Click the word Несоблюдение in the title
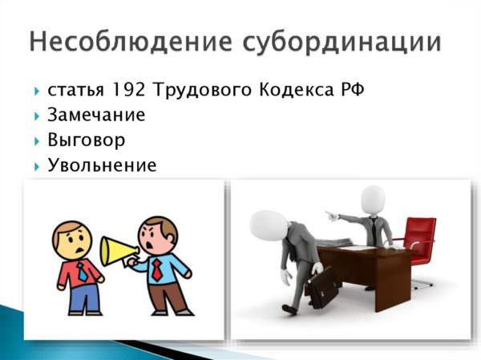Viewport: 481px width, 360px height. (131, 41)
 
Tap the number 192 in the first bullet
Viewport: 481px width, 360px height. (129, 90)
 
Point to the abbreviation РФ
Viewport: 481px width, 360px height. (353, 90)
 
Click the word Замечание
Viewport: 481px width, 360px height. (96, 115)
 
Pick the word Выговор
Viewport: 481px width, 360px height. (87, 140)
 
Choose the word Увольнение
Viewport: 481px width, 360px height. (102, 165)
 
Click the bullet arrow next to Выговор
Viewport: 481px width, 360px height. (37, 141)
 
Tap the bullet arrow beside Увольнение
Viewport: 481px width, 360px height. (37, 167)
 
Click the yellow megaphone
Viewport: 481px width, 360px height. (118, 251)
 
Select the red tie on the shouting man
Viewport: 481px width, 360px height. (157, 269)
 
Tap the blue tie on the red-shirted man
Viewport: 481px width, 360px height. (83, 272)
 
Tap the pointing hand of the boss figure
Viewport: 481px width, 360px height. (332, 216)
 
